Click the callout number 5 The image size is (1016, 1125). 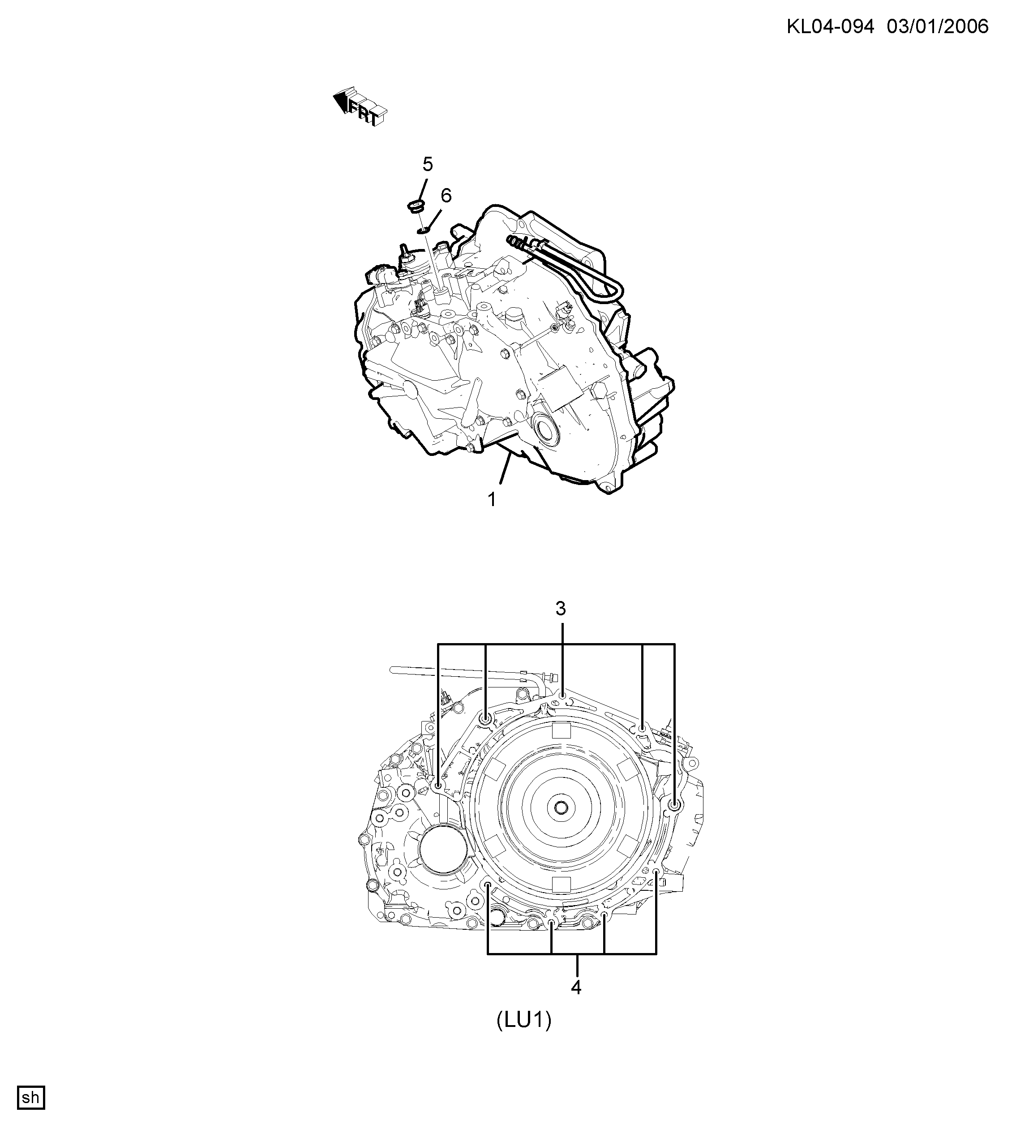click(x=427, y=164)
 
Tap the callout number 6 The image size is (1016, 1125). click(x=446, y=195)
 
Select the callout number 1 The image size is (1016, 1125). click(x=492, y=499)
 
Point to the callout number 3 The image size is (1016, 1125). click(x=561, y=608)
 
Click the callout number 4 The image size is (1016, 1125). click(x=576, y=987)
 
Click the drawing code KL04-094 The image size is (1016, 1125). click(x=830, y=26)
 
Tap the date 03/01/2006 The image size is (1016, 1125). click(x=937, y=26)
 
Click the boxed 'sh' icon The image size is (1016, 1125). click(x=31, y=1098)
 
